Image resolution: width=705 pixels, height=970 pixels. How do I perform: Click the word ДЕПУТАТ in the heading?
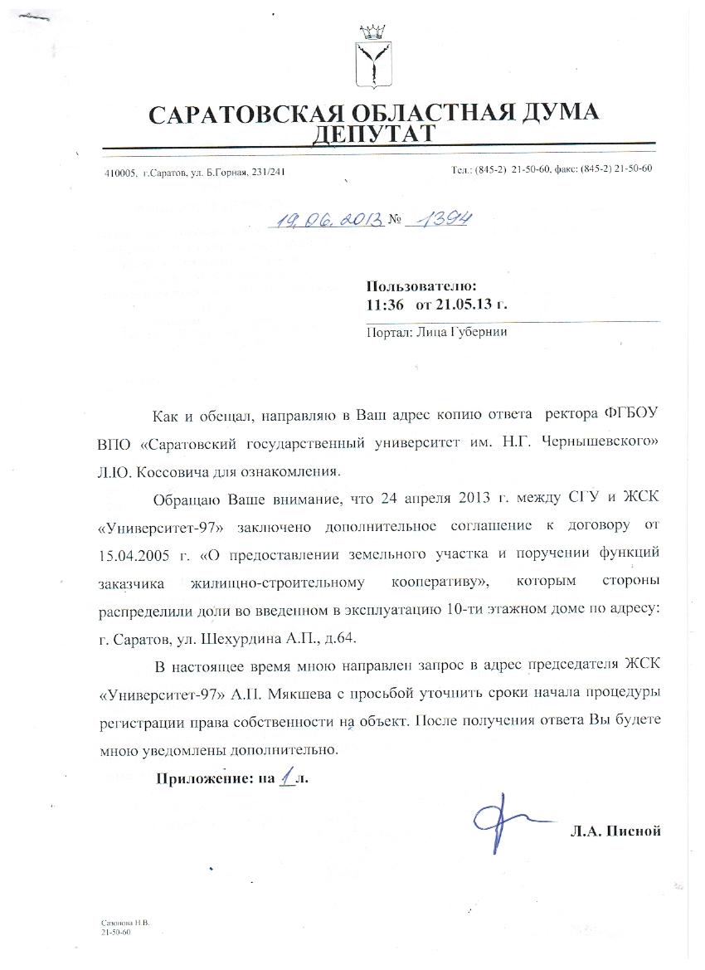[x=372, y=134]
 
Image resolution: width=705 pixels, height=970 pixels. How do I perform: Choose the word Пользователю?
[x=421, y=287]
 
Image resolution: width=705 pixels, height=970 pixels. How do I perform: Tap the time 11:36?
[x=386, y=304]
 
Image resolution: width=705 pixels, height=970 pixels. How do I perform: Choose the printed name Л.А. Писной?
[x=615, y=831]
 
